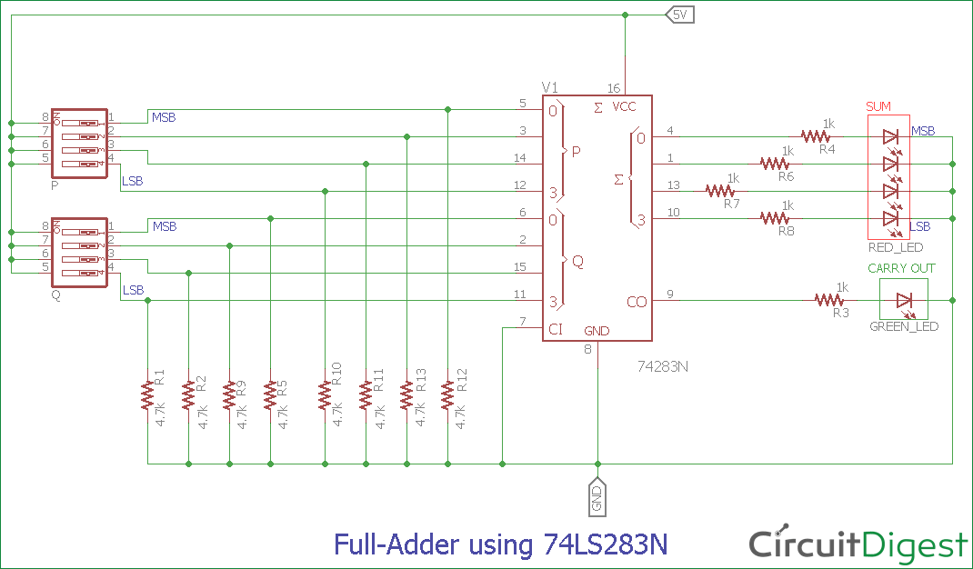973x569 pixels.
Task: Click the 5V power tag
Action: (x=680, y=15)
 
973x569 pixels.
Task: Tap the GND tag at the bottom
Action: (x=597, y=496)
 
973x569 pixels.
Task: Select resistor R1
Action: (x=146, y=395)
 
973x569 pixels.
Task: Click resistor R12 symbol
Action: (x=447, y=395)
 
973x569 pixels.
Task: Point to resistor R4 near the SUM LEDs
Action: (x=817, y=136)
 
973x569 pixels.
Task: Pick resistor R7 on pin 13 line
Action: (x=719, y=191)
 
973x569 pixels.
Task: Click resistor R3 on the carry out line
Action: (x=829, y=300)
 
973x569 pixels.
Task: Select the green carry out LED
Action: (x=903, y=300)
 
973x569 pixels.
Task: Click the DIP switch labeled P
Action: (x=80, y=143)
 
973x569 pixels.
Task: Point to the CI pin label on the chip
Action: (x=557, y=328)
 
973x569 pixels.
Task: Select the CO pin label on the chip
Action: (x=637, y=302)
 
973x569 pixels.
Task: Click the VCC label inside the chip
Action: (x=625, y=107)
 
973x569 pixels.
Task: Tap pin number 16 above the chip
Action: (x=614, y=88)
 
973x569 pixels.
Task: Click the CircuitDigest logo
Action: (x=858, y=544)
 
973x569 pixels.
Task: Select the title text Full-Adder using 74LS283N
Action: (x=501, y=544)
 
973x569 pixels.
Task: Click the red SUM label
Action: (x=878, y=106)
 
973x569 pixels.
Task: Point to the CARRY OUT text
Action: (x=901, y=268)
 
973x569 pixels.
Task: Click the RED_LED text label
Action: (x=896, y=247)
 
